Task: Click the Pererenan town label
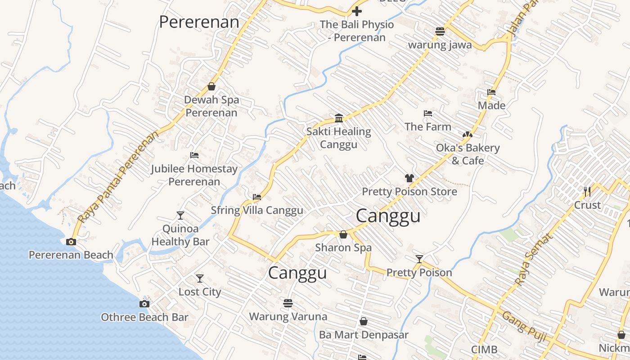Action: click(199, 22)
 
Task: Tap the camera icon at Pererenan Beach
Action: click(71, 242)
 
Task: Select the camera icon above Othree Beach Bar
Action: click(144, 304)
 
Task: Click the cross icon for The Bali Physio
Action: click(357, 11)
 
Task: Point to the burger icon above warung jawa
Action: click(440, 31)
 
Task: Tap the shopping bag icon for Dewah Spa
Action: click(211, 86)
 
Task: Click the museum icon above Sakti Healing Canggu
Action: click(339, 118)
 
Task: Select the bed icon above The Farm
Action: click(428, 113)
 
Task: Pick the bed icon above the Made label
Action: click(491, 92)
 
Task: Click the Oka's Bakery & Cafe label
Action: click(468, 154)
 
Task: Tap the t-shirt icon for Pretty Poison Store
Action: click(409, 178)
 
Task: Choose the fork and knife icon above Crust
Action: click(587, 192)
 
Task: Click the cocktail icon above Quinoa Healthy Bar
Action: click(180, 216)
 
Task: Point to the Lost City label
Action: click(200, 292)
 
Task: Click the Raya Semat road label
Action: click(533, 259)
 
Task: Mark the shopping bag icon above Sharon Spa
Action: click(343, 234)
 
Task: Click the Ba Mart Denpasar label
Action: click(364, 335)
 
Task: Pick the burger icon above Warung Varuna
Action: click(288, 303)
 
